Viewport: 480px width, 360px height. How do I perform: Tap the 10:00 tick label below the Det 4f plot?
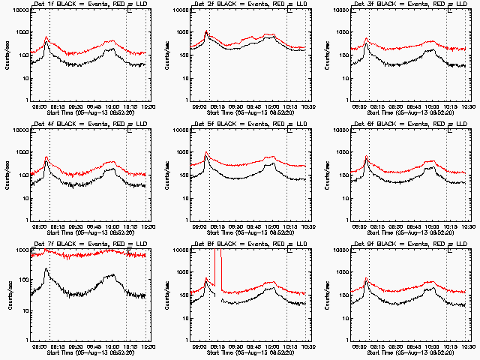112,226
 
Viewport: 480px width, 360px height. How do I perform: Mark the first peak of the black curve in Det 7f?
46,268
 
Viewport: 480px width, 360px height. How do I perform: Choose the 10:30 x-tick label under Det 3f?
468,106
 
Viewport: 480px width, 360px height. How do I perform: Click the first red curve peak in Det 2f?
206,31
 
